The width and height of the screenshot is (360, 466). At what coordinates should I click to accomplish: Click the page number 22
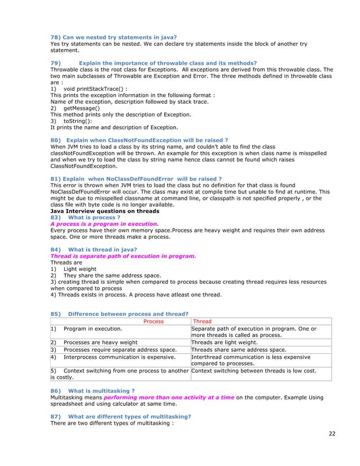tap(331, 433)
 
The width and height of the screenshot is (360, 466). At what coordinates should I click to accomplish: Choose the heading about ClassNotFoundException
tap(139, 140)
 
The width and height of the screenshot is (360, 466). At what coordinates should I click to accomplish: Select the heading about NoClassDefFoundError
tap(136, 179)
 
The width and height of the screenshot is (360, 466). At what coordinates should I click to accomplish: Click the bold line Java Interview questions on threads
tap(104, 211)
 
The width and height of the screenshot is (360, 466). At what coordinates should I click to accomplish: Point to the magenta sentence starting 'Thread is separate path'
tap(123, 256)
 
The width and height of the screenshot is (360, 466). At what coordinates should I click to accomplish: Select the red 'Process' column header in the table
tap(153, 321)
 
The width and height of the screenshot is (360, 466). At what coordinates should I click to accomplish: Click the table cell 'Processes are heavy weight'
tap(100, 342)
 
